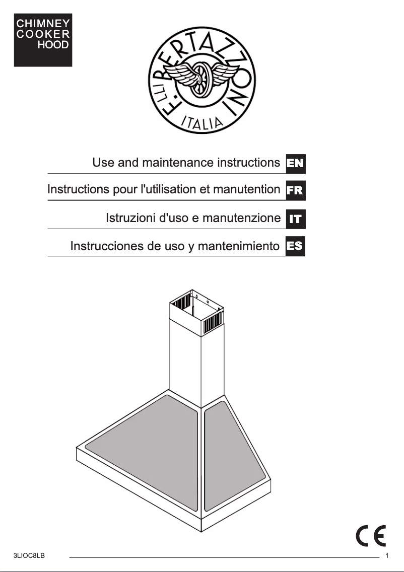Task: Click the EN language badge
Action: click(x=295, y=163)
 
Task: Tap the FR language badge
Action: click(x=295, y=191)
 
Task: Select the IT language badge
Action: click(x=295, y=219)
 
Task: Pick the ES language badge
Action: click(x=295, y=246)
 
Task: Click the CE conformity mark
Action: click(x=371, y=535)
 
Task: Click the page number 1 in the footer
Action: click(x=386, y=556)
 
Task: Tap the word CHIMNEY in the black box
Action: click(x=43, y=24)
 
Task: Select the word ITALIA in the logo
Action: click(x=202, y=121)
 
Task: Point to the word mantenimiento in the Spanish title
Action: click(x=238, y=246)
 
